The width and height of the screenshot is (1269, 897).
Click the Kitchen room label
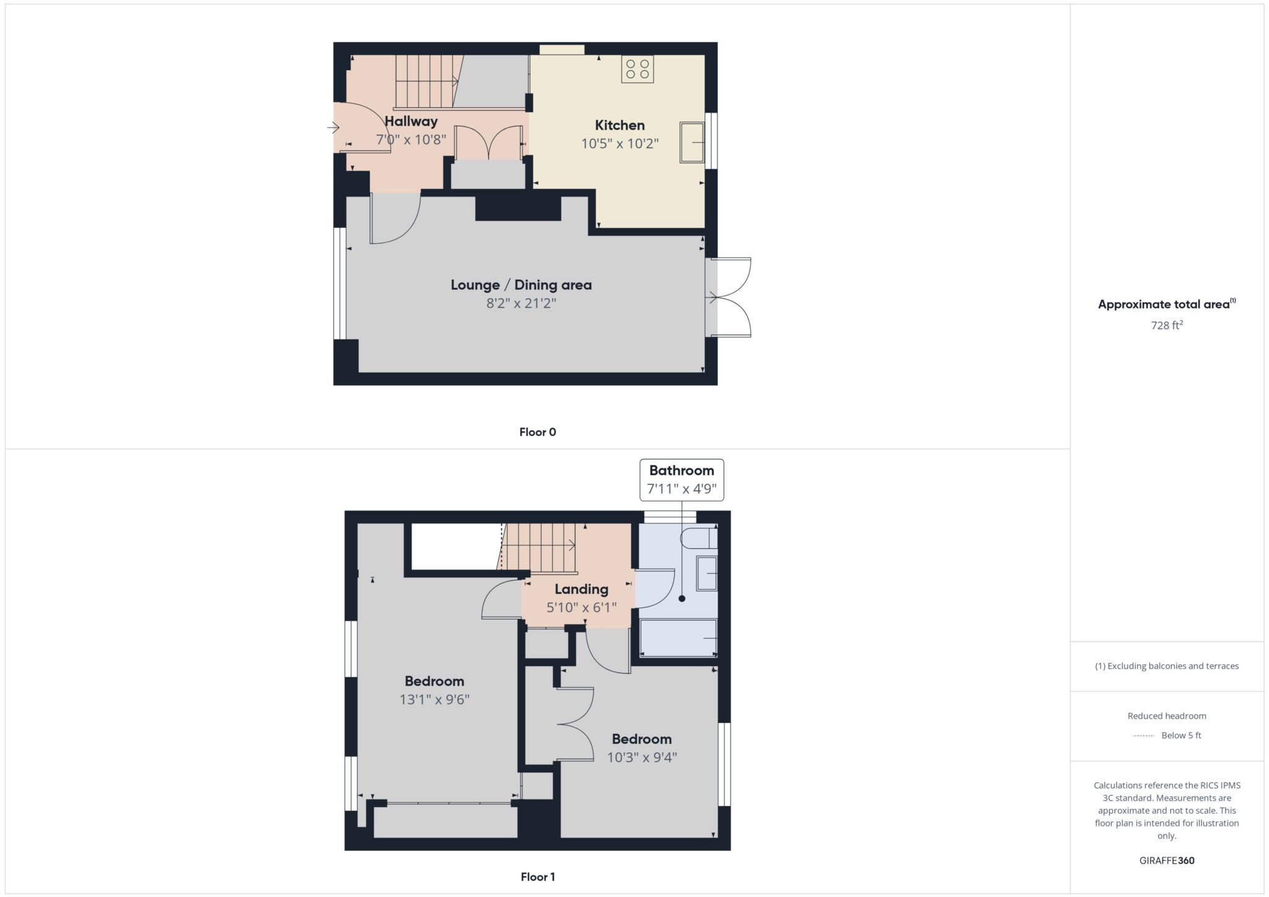coord(620,125)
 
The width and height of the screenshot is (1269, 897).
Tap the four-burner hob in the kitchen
coord(638,69)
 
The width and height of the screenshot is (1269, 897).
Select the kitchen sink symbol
coord(692,142)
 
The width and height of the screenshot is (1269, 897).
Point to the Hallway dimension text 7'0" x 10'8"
coord(411,139)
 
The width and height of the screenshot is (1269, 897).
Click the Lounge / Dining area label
coord(521,285)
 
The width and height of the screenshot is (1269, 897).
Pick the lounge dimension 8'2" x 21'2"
coord(521,303)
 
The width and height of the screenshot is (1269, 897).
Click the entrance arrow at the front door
coord(333,128)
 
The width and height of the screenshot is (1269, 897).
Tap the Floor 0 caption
coord(537,432)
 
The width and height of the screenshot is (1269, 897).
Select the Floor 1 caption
coord(537,877)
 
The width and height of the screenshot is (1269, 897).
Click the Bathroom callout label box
coord(682,479)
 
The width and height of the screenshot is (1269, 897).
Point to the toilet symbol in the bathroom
coord(698,538)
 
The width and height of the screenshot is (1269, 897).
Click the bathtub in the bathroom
coord(678,637)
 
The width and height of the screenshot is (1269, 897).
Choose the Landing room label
coord(581,589)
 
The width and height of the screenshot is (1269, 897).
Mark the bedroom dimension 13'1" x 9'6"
coord(434,699)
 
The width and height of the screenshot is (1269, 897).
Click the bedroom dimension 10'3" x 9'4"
coord(642,757)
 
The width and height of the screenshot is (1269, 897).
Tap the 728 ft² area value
coord(1167,325)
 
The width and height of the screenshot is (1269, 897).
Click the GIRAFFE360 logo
coord(1167,860)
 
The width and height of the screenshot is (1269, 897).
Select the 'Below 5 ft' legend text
coord(1181,736)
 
